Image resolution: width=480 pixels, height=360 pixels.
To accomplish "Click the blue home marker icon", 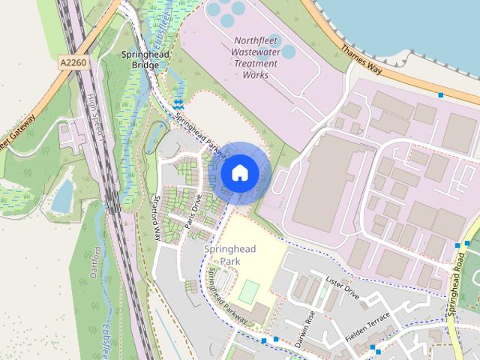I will coord(239,173).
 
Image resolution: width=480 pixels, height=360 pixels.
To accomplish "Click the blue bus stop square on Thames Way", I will coord(440,95).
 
